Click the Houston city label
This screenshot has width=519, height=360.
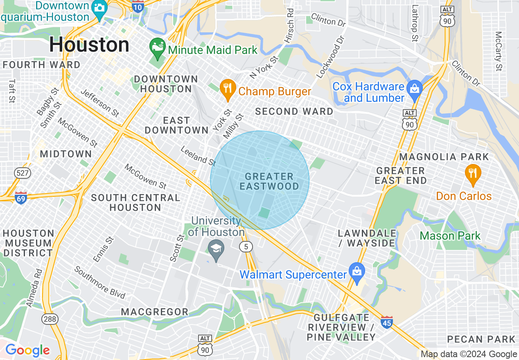pos(89,45)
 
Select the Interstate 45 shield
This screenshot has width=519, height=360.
pos(386,323)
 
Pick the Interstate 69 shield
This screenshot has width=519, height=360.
pos(21,198)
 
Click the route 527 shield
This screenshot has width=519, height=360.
pos(22,173)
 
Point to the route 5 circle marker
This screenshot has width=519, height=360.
pos(246,246)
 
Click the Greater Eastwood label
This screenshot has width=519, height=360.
pos(269,181)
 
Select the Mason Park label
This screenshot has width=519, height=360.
pos(450,236)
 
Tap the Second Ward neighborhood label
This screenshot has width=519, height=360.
pos(294,111)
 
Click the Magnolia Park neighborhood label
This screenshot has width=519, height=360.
pos(444,157)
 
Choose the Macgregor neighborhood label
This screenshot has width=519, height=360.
pos(155,312)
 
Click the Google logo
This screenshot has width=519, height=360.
pos(27,350)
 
